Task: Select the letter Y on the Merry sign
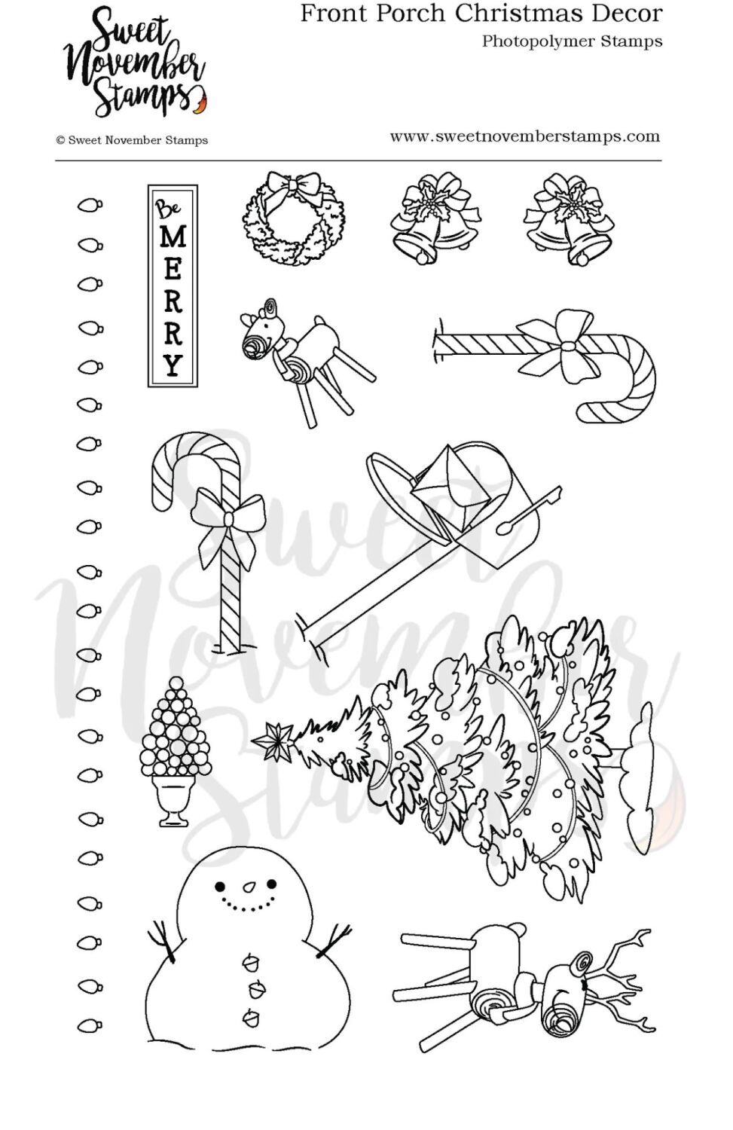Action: click(173, 365)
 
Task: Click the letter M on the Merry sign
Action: click(173, 238)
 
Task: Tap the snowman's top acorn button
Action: click(249, 962)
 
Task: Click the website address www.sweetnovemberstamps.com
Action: click(524, 136)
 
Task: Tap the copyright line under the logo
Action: click(132, 140)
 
